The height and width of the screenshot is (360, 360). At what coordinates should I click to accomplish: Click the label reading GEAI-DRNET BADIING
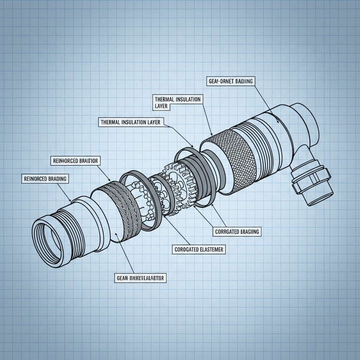pos(229,81)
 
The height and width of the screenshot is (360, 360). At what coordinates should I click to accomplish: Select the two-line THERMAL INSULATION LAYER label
pos(178,102)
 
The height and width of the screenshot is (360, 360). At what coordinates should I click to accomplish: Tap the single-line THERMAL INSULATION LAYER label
pos(130,122)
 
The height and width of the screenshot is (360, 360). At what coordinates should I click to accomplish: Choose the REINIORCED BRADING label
pos(45,179)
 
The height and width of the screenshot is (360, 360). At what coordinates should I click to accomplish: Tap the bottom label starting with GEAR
pos(140,278)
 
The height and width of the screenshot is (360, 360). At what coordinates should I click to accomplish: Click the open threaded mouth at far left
pos(47,234)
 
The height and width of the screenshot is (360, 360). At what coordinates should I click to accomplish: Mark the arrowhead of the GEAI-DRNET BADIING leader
pos(279,123)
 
